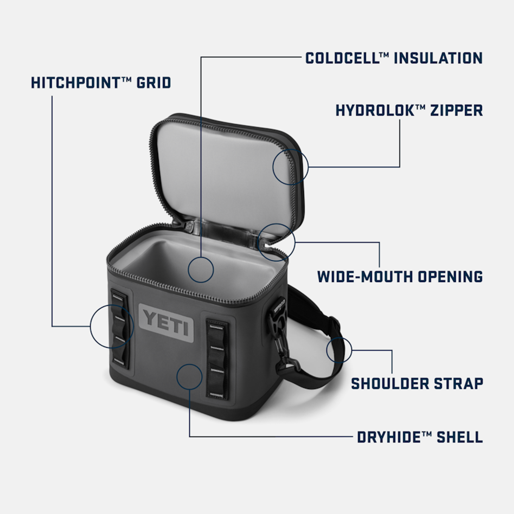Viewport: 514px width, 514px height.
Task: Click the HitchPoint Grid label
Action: pyautogui.click(x=101, y=83)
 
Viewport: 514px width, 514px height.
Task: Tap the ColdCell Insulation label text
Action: pyautogui.click(x=394, y=58)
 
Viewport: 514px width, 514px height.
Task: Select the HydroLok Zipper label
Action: pyautogui.click(x=409, y=110)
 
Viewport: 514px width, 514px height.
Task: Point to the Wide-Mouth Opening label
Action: pyautogui.click(x=400, y=277)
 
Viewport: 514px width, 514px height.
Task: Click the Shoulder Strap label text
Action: pyautogui.click(x=417, y=383)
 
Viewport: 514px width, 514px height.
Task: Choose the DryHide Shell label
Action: pyautogui.click(x=420, y=437)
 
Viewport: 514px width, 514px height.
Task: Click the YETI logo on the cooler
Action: pyautogui.click(x=166, y=323)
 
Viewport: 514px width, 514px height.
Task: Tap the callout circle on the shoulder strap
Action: pyautogui.click(x=339, y=350)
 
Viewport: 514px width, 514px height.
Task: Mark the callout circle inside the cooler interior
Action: pyautogui.click(x=200, y=269)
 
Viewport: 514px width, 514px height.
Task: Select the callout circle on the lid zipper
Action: pyautogui.click(x=290, y=167)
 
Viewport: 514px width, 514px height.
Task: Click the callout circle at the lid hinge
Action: pyautogui.click(x=277, y=242)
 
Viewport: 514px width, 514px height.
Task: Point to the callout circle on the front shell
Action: pyautogui.click(x=189, y=377)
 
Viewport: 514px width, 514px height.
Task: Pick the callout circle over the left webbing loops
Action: pyautogui.click(x=112, y=326)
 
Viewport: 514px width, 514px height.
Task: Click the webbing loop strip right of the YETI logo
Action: pyautogui.click(x=217, y=359)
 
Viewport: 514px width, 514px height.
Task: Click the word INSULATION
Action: pyautogui.click(x=438, y=58)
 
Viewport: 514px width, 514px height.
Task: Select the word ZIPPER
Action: pyautogui.click(x=457, y=110)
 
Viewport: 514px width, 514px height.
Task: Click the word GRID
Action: pyautogui.click(x=154, y=83)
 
